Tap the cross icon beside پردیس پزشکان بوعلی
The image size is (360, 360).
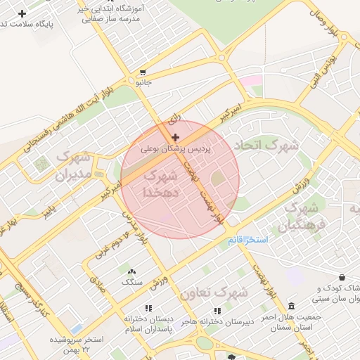pos(175,136)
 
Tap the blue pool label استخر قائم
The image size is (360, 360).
pos(246,240)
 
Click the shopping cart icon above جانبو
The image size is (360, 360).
pos(143,72)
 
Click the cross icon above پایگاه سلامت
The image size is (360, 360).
pos(22,13)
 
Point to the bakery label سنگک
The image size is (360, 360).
pos(131,282)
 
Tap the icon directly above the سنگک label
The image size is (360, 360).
pos(131,271)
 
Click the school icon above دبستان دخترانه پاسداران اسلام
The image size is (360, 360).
pos(148,308)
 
